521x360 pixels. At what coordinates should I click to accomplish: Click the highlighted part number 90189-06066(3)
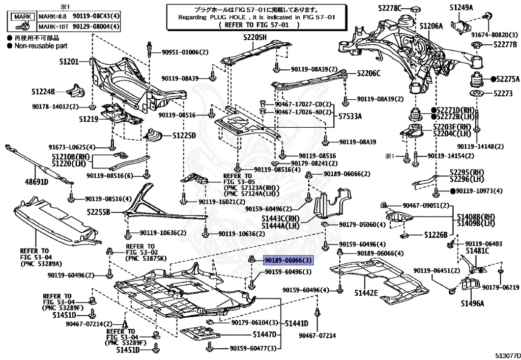288,260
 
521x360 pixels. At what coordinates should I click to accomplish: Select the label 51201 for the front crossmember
69,62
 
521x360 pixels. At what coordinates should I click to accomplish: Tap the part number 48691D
37,182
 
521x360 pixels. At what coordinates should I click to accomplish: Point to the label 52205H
255,37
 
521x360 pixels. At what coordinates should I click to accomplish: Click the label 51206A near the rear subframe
431,26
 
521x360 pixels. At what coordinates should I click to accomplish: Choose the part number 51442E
366,292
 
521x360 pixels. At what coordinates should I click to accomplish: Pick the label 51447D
264,335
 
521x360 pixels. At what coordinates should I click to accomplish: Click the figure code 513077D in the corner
508,355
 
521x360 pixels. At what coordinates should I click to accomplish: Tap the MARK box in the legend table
22,16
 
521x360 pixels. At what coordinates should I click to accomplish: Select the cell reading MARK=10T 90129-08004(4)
79,26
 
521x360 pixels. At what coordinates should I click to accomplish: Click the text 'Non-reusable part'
41,46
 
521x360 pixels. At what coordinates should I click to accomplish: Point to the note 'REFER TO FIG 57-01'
256,24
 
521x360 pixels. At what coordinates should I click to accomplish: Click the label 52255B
98,212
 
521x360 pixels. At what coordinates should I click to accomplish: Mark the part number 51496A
472,303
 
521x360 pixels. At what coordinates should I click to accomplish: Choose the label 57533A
350,116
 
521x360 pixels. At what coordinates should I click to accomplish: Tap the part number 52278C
390,8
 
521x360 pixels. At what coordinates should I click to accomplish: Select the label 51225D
184,135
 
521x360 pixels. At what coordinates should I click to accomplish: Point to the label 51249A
461,7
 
